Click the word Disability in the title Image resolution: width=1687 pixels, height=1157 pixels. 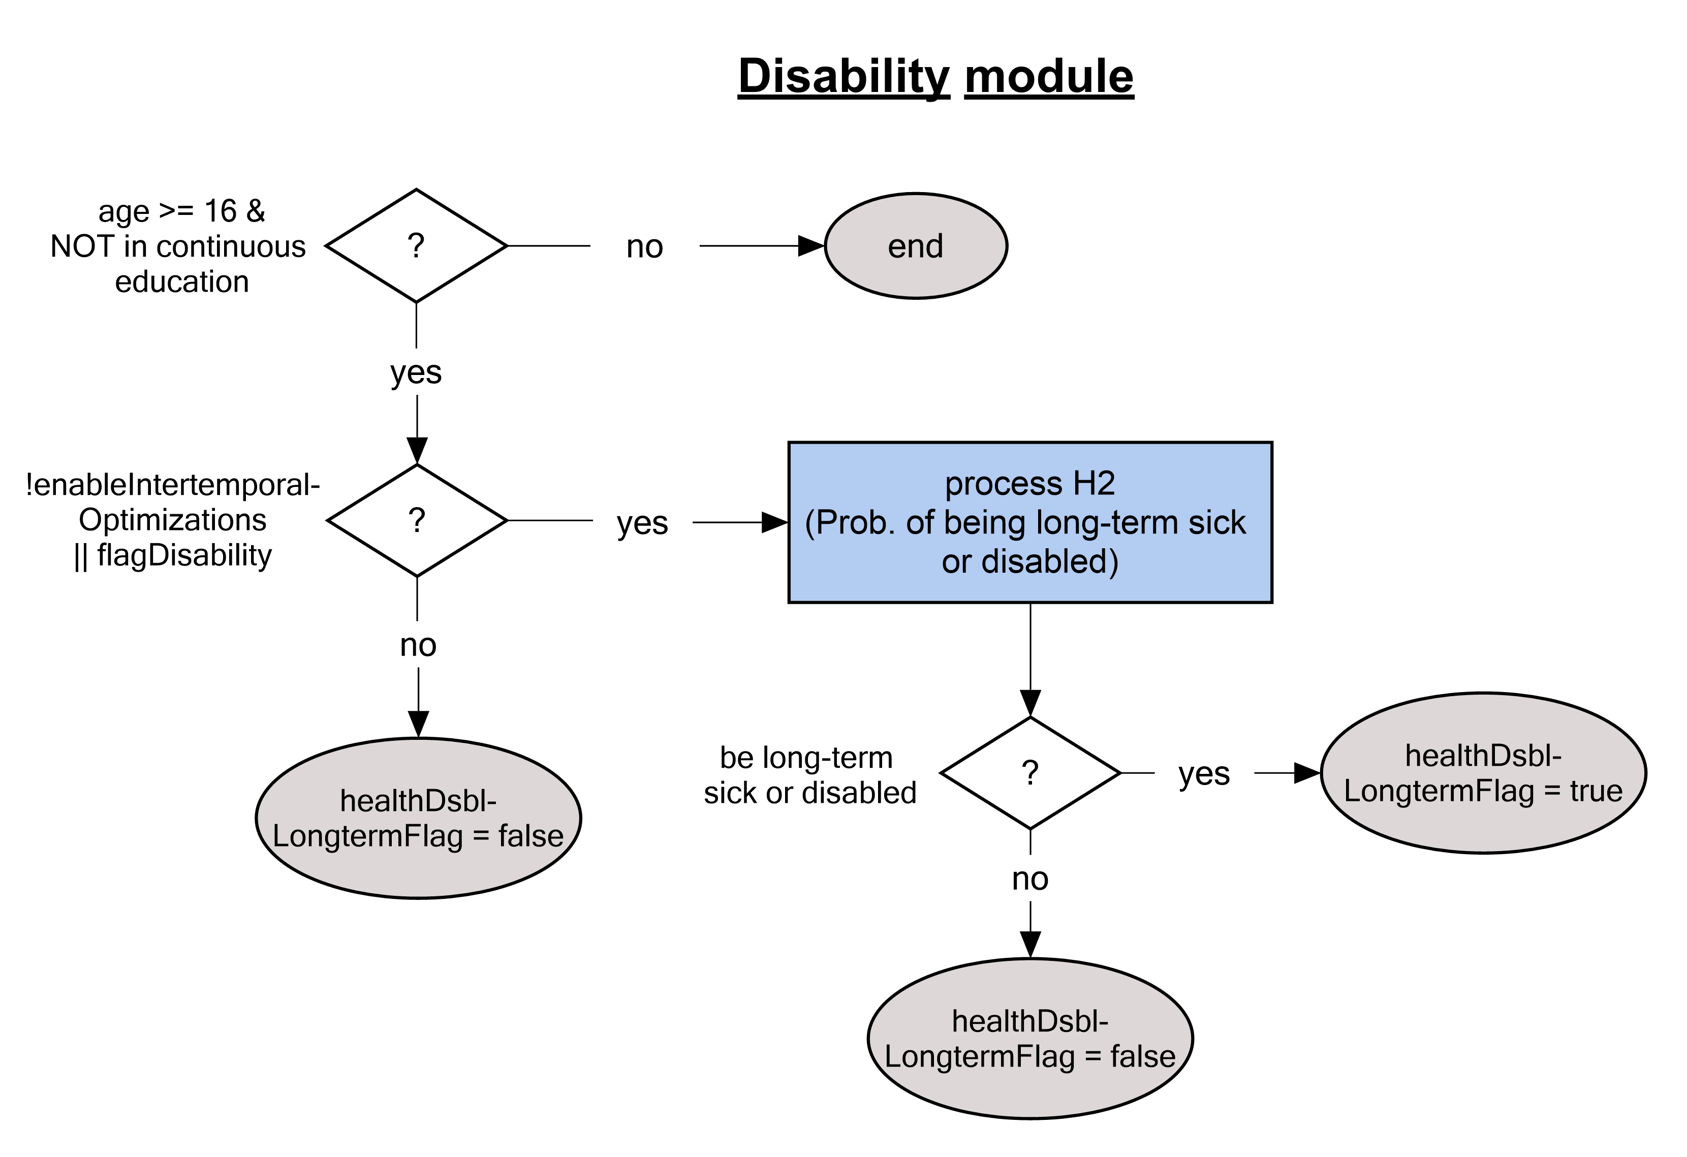click(x=843, y=76)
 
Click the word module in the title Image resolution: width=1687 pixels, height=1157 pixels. click(x=1049, y=76)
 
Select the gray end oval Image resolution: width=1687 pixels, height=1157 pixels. click(x=915, y=246)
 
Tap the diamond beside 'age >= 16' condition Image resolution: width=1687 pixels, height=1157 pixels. click(x=416, y=246)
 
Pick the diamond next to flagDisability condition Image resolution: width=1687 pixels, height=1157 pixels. click(x=417, y=520)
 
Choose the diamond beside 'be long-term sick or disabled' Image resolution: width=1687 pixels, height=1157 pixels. click(x=1030, y=773)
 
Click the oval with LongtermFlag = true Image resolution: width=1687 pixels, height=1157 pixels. click(x=1483, y=773)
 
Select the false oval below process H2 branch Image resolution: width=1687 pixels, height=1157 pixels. click(x=1030, y=1039)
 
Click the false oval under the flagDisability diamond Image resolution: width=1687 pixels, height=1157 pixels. click(x=418, y=819)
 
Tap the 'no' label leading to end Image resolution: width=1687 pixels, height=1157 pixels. click(x=645, y=247)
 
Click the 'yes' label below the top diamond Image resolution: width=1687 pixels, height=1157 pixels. click(x=416, y=372)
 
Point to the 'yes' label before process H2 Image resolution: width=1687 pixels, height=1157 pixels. click(x=642, y=523)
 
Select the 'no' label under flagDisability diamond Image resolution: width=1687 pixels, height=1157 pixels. click(x=418, y=645)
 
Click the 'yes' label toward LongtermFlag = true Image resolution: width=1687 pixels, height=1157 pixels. click(x=1204, y=774)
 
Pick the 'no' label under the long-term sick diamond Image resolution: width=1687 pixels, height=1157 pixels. click(x=1030, y=879)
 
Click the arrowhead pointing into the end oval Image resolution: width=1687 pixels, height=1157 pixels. click(x=811, y=246)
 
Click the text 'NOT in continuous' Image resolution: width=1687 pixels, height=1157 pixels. click(x=178, y=247)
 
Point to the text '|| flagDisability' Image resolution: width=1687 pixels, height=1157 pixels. click(x=173, y=555)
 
